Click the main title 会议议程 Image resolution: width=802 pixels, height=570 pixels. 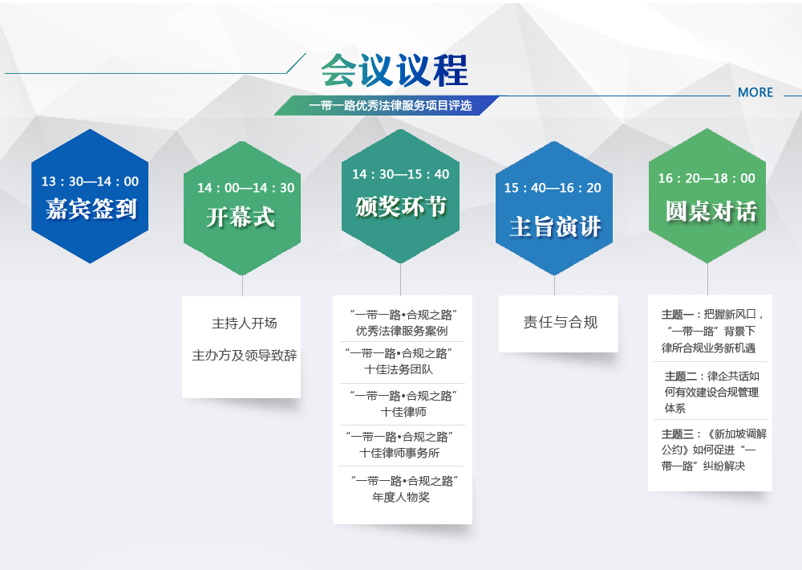click(395, 70)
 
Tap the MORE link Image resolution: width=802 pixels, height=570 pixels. click(755, 92)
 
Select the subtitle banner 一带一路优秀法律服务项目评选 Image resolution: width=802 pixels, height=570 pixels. click(391, 105)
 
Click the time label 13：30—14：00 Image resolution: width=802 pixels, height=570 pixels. click(90, 181)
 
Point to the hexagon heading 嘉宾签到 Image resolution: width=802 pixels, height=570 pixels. click(91, 209)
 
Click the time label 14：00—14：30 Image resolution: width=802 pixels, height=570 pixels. click(246, 188)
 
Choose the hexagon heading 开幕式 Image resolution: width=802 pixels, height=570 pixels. click(241, 217)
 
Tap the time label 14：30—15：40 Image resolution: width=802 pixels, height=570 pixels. click(400, 174)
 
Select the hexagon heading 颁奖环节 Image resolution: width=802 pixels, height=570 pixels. click(401, 206)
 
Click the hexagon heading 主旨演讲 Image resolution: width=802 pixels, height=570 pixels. click(555, 226)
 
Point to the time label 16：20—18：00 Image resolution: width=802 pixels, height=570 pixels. click(707, 178)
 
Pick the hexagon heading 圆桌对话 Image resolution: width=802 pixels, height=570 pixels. click(711, 211)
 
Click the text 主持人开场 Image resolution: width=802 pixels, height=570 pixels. click(245, 324)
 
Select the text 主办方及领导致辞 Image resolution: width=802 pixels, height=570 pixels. click(245, 356)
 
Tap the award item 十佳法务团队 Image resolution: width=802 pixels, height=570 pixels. click(399, 369)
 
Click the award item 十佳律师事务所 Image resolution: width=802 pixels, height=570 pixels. click(399, 453)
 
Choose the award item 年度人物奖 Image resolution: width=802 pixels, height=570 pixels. click(401, 497)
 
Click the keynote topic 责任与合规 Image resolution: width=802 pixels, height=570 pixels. click(561, 322)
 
